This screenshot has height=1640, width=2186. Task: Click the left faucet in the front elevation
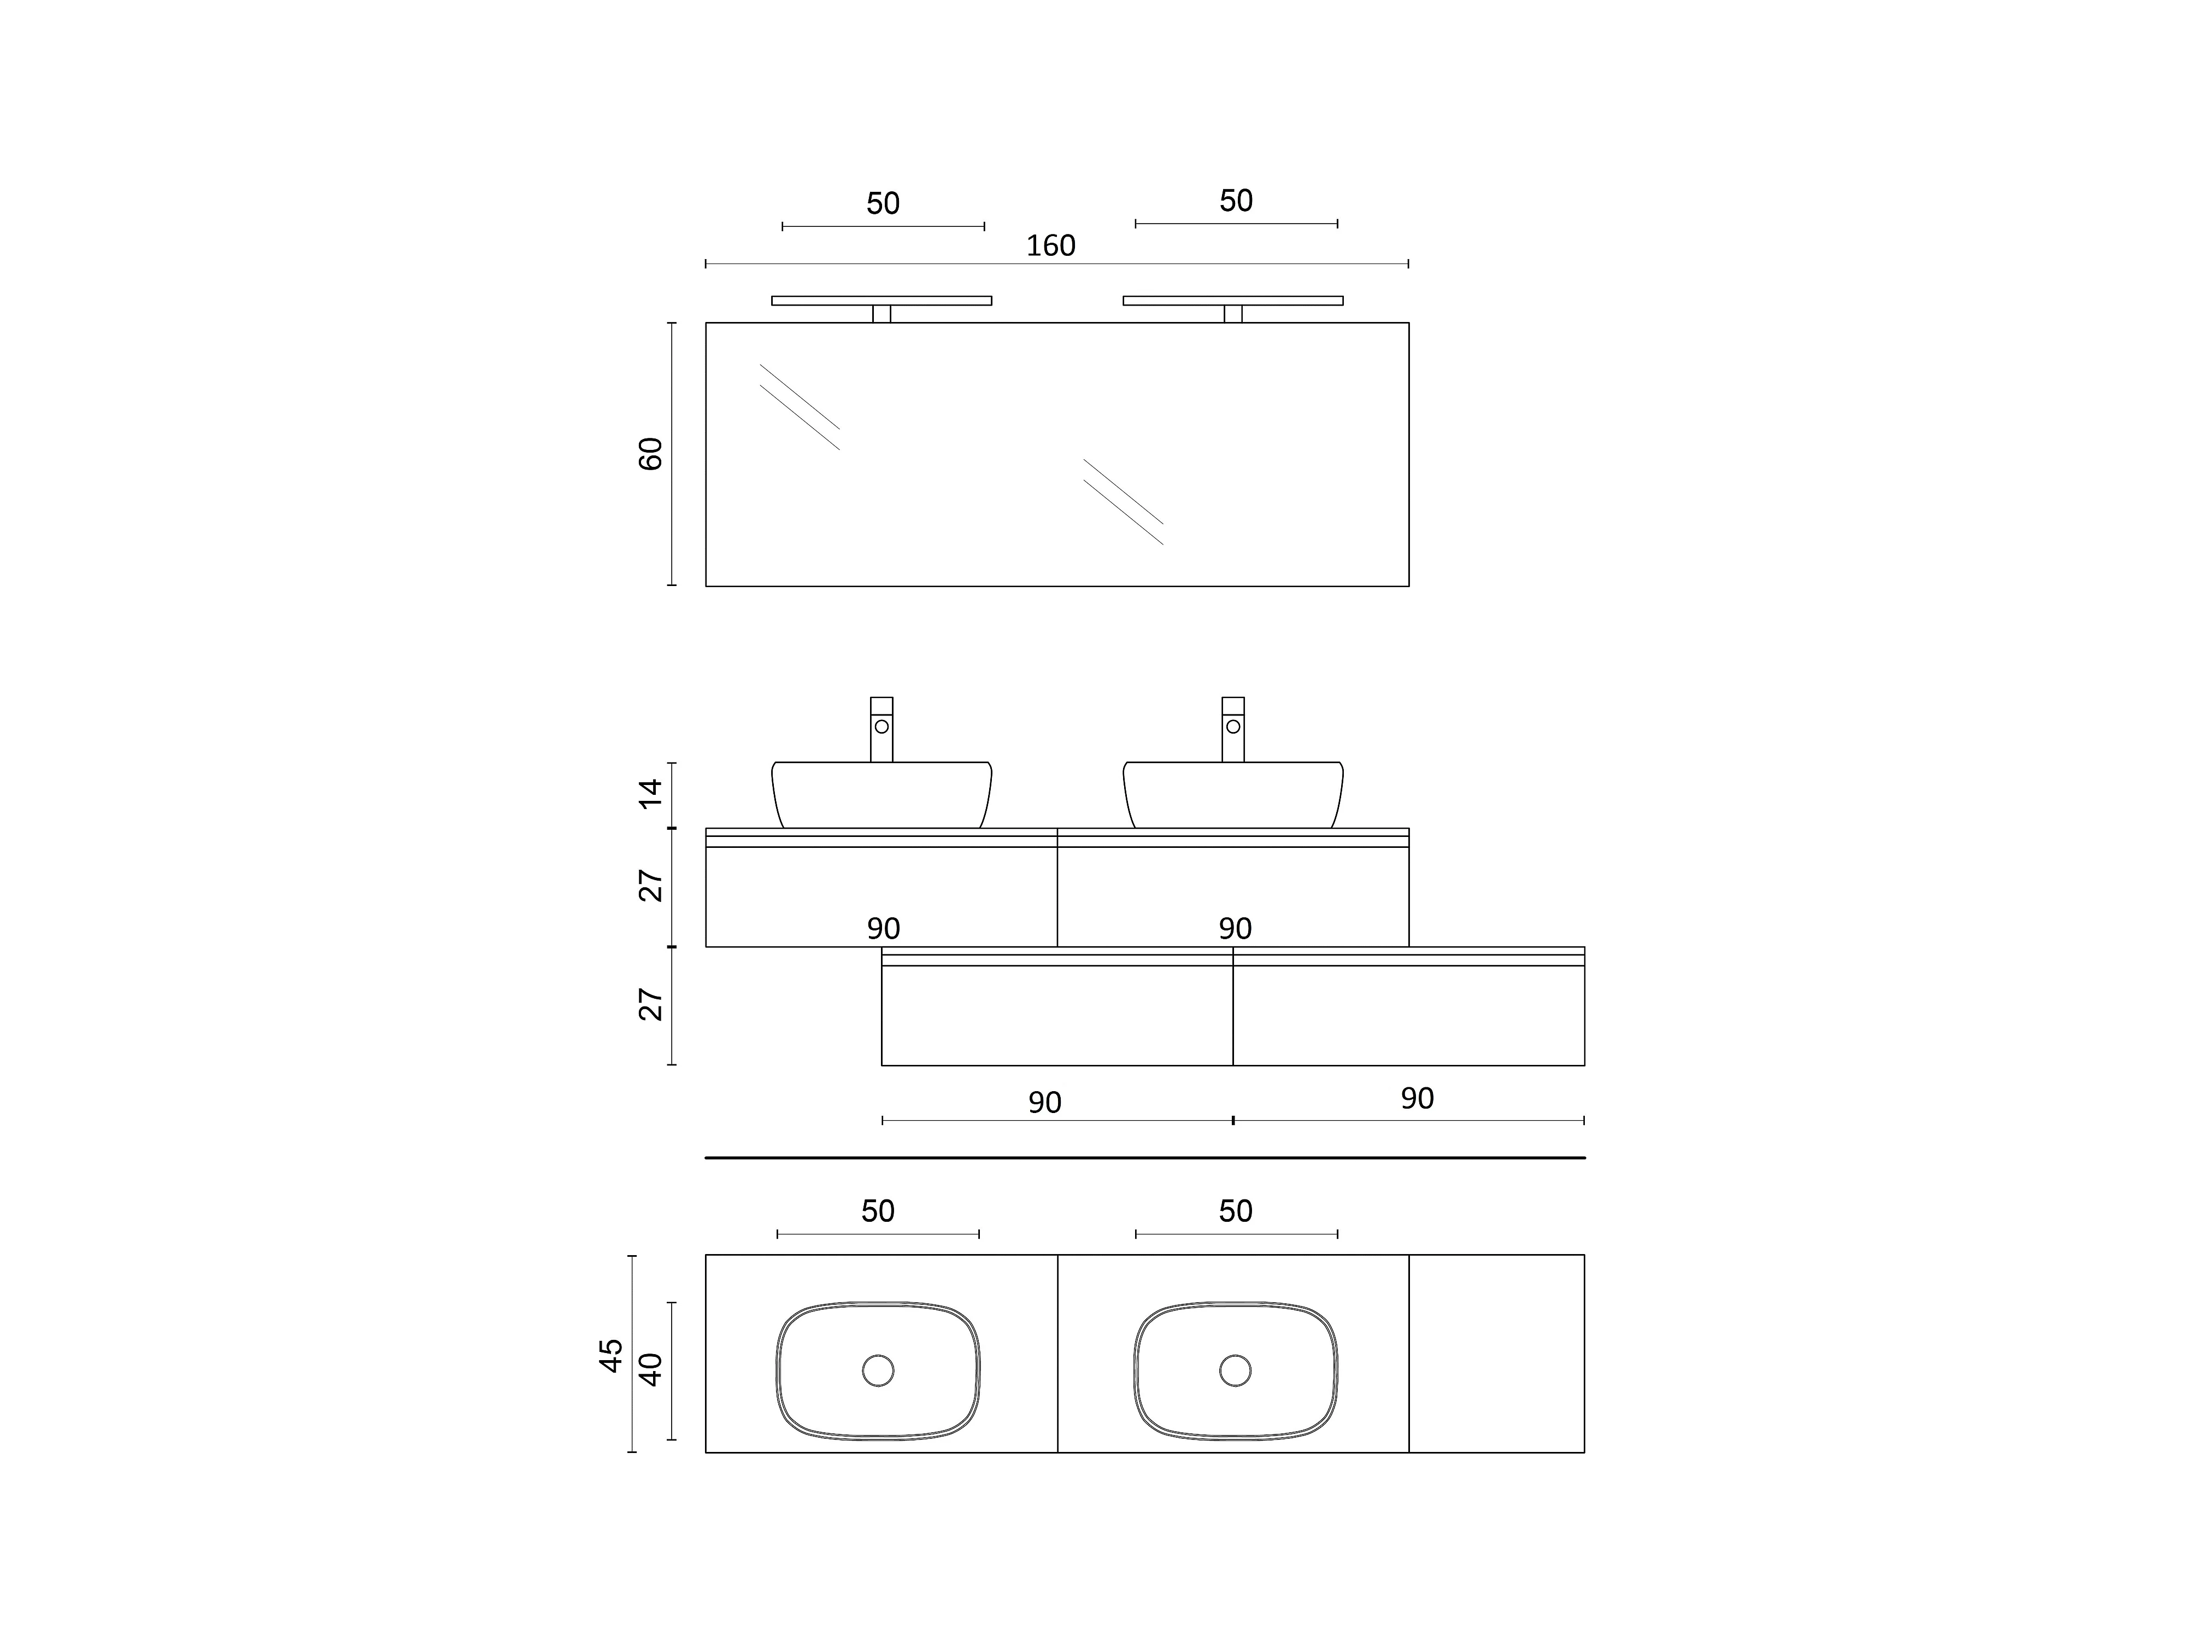pyautogui.click(x=882, y=730)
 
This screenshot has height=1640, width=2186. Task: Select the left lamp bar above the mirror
pyautogui.click(x=882, y=301)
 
